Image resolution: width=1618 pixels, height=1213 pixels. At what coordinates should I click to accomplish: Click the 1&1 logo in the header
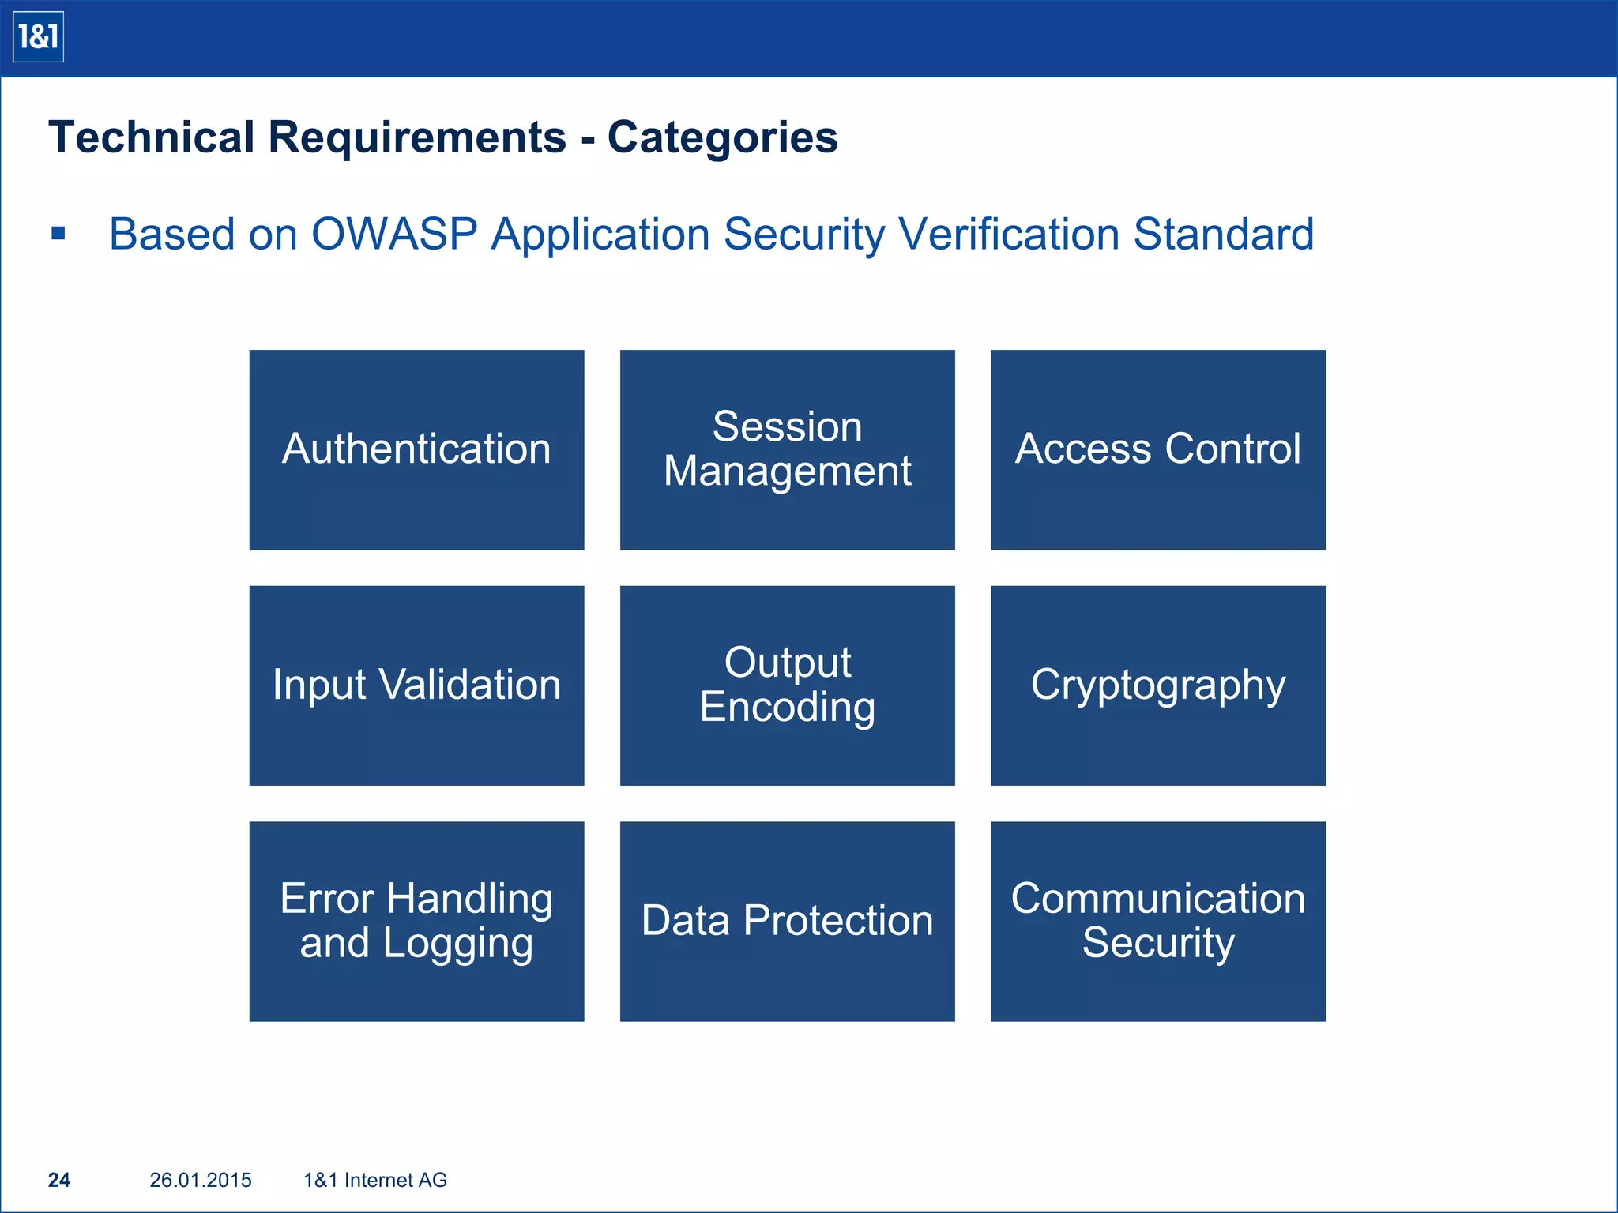tap(38, 37)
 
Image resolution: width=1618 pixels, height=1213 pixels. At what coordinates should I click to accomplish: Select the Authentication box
tap(416, 449)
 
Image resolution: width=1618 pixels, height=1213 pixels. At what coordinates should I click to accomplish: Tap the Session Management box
tap(787, 449)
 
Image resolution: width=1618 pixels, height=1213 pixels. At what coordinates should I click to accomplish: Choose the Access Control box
tap(1157, 449)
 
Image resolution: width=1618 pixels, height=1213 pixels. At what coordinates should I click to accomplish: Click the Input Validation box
tap(416, 685)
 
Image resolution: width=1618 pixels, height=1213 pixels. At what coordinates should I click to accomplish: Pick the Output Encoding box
tap(787, 685)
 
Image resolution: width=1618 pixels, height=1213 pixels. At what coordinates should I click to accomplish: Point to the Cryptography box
tap(1157, 685)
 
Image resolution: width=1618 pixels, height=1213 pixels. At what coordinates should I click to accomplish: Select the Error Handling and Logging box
tap(416, 921)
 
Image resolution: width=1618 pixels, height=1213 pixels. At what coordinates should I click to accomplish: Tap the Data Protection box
tap(787, 921)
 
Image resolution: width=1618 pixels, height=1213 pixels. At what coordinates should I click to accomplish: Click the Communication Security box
tap(1157, 921)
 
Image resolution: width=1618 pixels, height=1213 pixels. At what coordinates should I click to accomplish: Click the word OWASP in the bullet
tap(394, 235)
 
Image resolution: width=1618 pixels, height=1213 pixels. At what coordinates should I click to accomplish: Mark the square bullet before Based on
tap(58, 234)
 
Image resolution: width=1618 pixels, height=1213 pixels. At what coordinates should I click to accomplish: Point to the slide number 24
tap(59, 1180)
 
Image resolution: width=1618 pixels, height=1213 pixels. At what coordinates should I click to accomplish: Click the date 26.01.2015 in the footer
tap(201, 1180)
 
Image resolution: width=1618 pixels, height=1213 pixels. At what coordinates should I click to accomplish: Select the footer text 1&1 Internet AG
tap(375, 1180)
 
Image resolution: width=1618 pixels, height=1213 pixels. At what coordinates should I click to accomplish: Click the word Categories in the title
tap(722, 138)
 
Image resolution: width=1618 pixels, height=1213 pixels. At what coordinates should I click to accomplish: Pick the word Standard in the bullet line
tap(1223, 235)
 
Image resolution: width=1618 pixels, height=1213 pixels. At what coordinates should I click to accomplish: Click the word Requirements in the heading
tap(417, 138)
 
